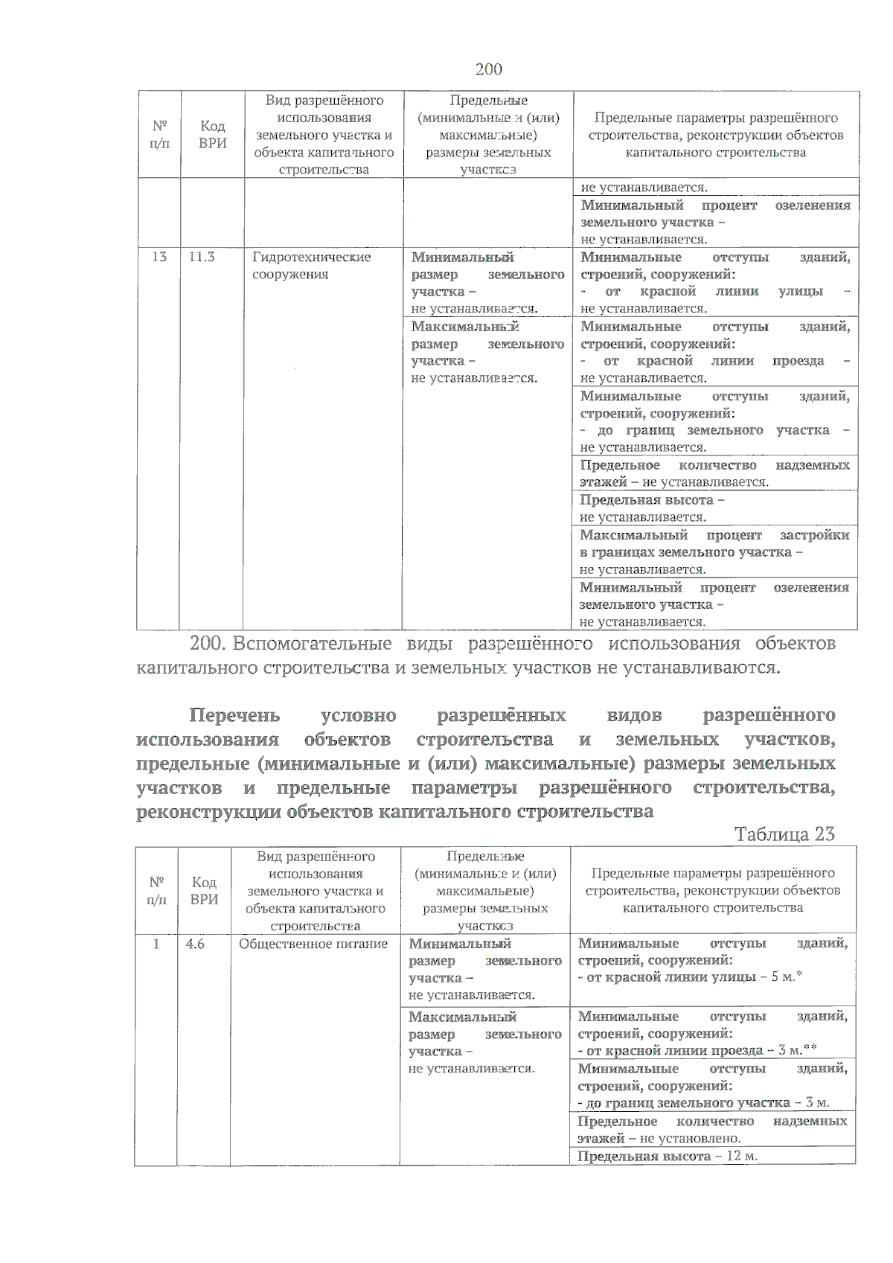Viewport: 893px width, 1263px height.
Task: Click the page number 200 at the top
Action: point(488,70)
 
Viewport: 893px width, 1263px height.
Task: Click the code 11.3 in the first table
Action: point(202,257)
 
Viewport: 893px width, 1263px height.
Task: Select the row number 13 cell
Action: point(159,257)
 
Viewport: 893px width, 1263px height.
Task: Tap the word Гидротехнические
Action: point(311,257)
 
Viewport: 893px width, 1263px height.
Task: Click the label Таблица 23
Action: point(784,834)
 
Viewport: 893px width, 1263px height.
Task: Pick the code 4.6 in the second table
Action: point(195,944)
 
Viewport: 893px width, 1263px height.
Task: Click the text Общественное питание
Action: point(313,944)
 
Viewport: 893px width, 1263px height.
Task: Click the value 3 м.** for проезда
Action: point(797,1050)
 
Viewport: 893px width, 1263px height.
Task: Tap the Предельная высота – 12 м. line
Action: point(667,1157)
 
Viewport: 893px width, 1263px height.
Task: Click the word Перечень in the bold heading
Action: point(235,716)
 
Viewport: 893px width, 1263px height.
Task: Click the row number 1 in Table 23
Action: point(156,944)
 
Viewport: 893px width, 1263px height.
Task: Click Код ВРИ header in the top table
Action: point(213,135)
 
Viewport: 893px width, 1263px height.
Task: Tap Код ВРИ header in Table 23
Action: point(204,890)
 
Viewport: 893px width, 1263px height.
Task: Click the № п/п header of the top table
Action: point(159,135)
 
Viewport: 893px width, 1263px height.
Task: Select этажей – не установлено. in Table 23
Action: point(659,1138)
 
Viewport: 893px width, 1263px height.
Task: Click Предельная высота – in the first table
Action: point(652,500)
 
